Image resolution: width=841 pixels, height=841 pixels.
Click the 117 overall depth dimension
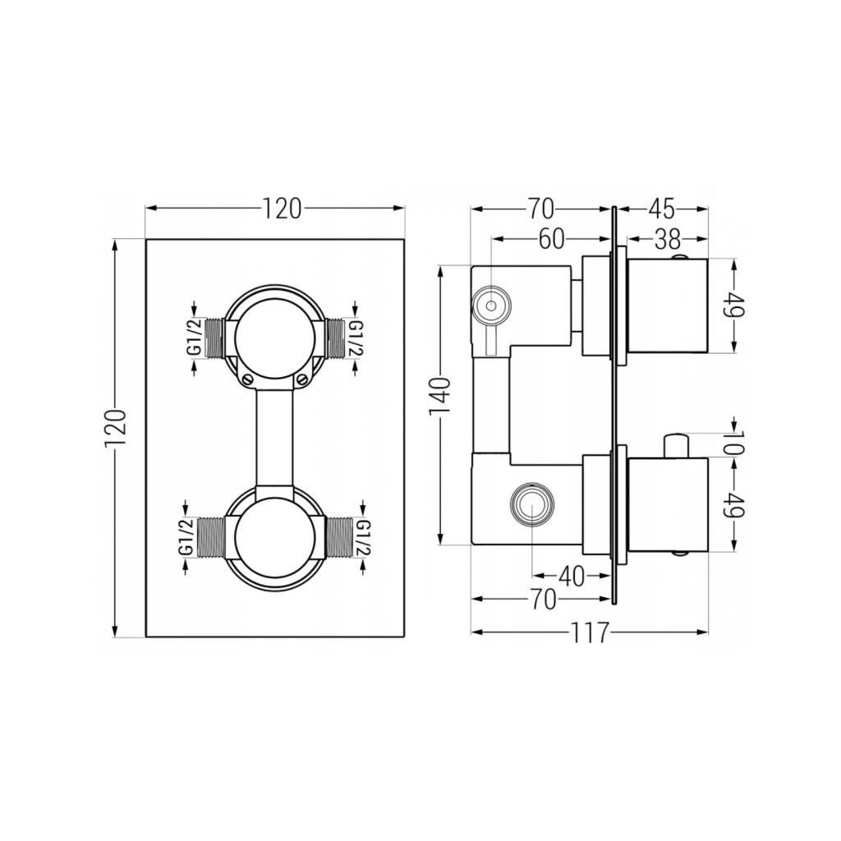point(590,632)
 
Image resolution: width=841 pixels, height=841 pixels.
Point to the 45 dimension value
point(662,206)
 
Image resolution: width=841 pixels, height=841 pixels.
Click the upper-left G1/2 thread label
point(193,338)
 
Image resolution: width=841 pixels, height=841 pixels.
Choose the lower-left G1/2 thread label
point(186,538)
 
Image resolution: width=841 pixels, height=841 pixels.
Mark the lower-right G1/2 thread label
point(364,539)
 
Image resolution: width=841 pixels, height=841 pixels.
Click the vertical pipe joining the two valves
point(275,435)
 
